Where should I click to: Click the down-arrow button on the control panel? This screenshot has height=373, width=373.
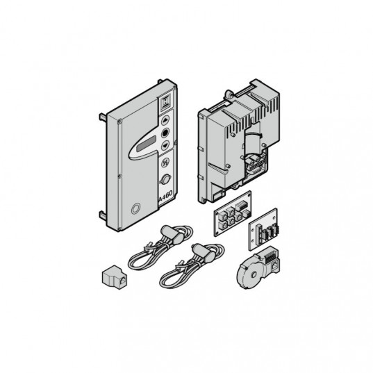pyautogui.click(x=165, y=145)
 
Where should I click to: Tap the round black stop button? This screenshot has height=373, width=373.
pyautogui.click(x=165, y=133)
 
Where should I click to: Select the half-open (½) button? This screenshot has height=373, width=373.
pyautogui.click(x=165, y=163)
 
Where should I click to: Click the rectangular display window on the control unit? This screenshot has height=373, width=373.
pyautogui.click(x=147, y=144)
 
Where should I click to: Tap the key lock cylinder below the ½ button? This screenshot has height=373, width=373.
pyautogui.click(x=166, y=179)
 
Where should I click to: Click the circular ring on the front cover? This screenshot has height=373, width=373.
pyautogui.click(x=135, y=208)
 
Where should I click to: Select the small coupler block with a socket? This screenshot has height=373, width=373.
pyautogui.click(x=115, y=277)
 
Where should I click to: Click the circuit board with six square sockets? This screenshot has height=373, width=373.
pyautogui.click(x=233, y=214)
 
